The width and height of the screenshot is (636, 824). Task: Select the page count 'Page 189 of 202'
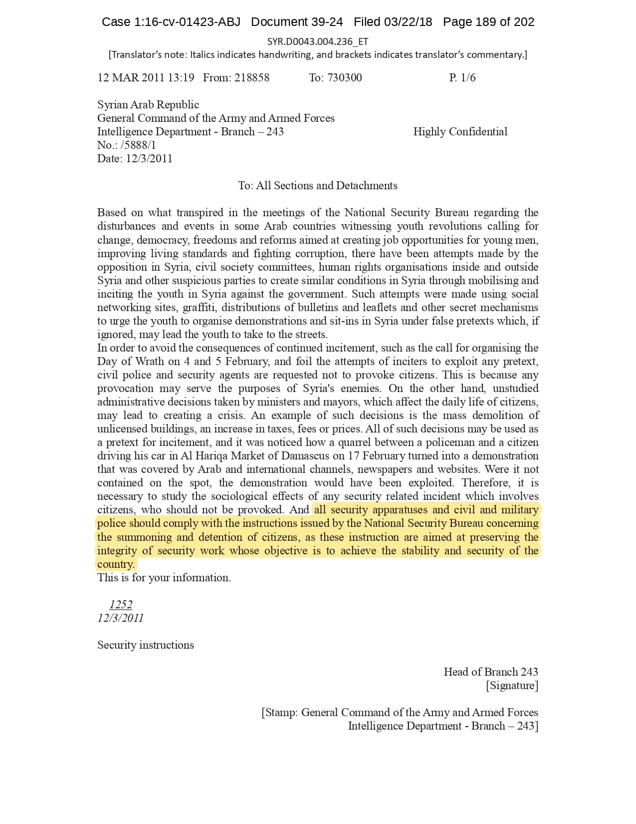488,22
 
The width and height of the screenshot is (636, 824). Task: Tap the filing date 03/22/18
408,22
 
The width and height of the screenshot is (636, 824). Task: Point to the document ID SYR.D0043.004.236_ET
318,41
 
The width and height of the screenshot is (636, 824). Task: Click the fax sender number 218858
252,77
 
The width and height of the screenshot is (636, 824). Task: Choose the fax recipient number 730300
345,77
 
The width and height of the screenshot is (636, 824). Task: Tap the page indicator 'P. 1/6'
462,77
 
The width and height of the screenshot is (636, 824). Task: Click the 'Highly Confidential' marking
460,131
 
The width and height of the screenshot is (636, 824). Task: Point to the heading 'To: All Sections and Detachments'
318,185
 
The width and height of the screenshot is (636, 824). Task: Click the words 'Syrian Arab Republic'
148,104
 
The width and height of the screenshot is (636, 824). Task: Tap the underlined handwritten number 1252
121,604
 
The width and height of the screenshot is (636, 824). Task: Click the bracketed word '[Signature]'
512,685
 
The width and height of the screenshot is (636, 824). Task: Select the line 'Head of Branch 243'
491,672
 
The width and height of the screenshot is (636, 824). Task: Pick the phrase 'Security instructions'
146,645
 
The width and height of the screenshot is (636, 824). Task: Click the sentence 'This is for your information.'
164,577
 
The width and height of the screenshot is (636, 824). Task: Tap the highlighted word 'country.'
116,564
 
